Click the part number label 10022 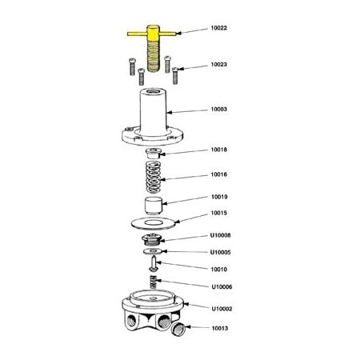click(x=219, y=28)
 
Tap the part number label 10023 click(x=219, y=64)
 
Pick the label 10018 click(x=219, y=150)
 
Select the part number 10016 click(x=219, y=174)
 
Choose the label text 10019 click(x=219, y=196)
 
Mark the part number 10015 click(x=219, y=213)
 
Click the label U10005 click(x=221, y=253)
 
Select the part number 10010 click(x=219, y=270)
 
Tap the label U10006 click(x=221, y=286)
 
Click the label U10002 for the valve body click(x=221, y=308)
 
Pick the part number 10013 click(x=219, y=328)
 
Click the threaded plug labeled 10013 click(x=181, y=328)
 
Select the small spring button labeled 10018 click(x=154, y=153)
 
